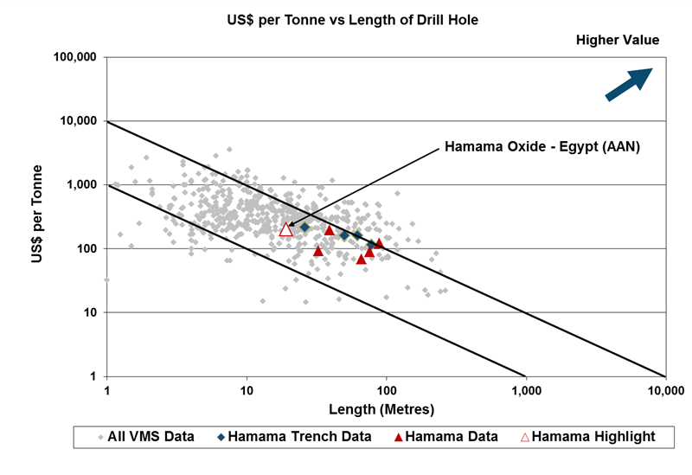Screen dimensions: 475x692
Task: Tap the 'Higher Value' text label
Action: pyautogui.click(x=618, y=41)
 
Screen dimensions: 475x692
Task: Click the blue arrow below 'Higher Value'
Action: pyautogui.click(x=628, y=85)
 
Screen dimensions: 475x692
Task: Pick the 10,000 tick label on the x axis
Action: pyautogui.click(x=665, y=390)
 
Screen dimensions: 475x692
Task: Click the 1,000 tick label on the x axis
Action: pyautogui.click(x=526, y=390)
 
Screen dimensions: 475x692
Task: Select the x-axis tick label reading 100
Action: pyautogui.click(x=386, y=390)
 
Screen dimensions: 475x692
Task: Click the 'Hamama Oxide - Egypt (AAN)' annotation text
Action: pyautogui.click(x=541, y=146)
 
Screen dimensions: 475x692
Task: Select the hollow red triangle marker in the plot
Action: pyautogui.click(x=286, y=229)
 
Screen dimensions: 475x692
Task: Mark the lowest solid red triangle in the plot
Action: pyautogui.click(x=362, y=259)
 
